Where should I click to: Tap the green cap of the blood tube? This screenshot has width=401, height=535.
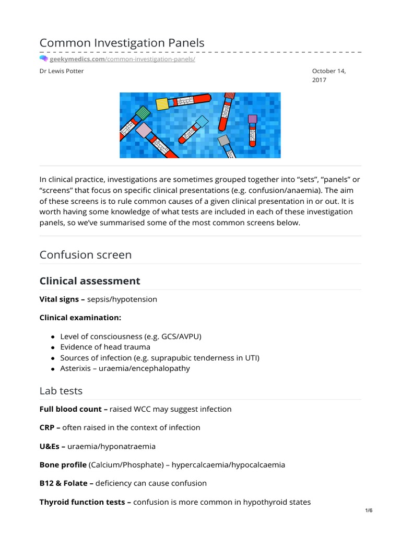coord(142,113)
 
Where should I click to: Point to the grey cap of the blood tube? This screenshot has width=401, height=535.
coord(223,141)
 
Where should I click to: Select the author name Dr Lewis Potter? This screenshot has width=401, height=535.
coord(62,71)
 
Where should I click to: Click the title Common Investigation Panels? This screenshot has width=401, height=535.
coord(122,43)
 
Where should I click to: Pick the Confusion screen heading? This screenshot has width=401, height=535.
coord(86,255)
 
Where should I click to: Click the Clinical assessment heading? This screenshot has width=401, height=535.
coord(90,281)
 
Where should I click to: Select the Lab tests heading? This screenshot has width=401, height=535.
coord(61,391)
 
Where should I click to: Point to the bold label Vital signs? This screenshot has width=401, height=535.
coord(60,299)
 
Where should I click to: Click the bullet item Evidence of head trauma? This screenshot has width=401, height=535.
coord(105,347)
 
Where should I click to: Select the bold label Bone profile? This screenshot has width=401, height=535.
coord(63,464)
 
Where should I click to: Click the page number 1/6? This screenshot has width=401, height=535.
coord(369,510)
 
